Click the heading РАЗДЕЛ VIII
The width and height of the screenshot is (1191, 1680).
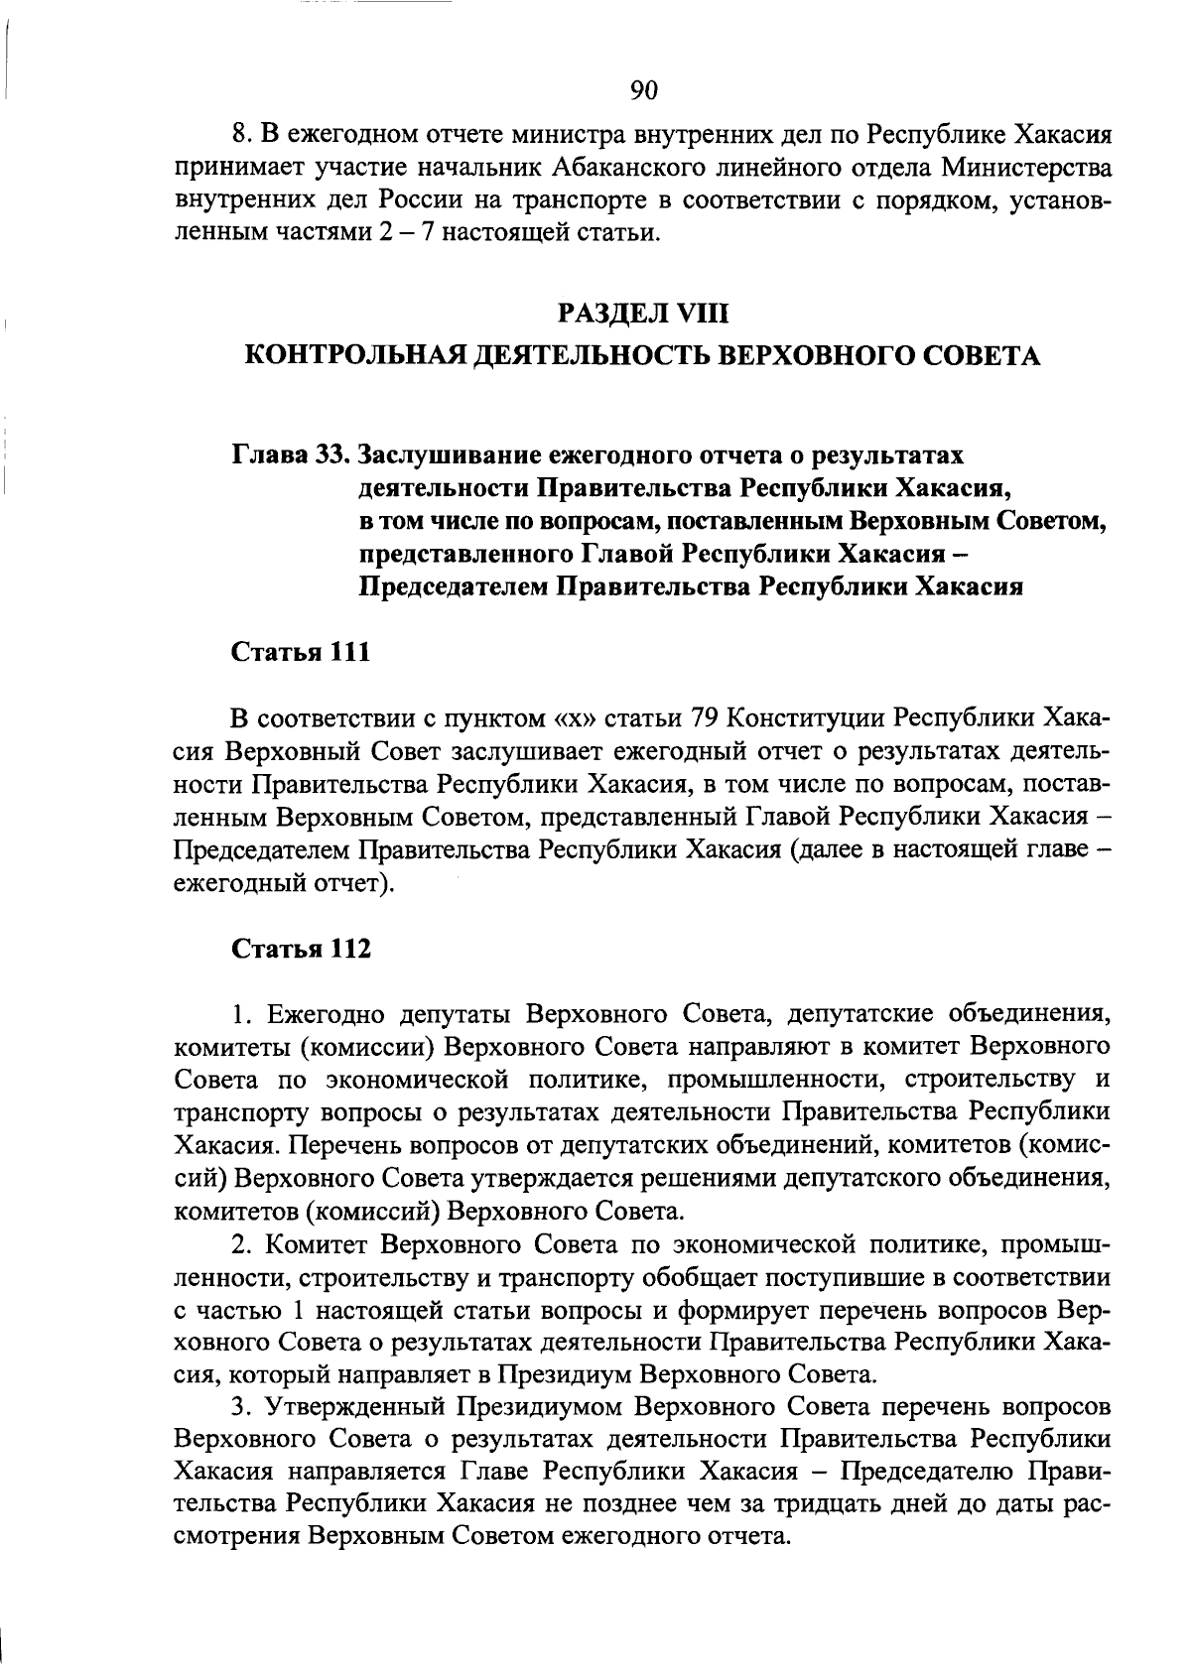click(643, 315)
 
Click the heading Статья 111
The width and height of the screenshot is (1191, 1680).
click(301, 652)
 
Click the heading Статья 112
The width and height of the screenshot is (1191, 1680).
click(301, 949)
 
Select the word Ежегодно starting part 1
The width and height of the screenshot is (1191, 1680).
click(324, 1014)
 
